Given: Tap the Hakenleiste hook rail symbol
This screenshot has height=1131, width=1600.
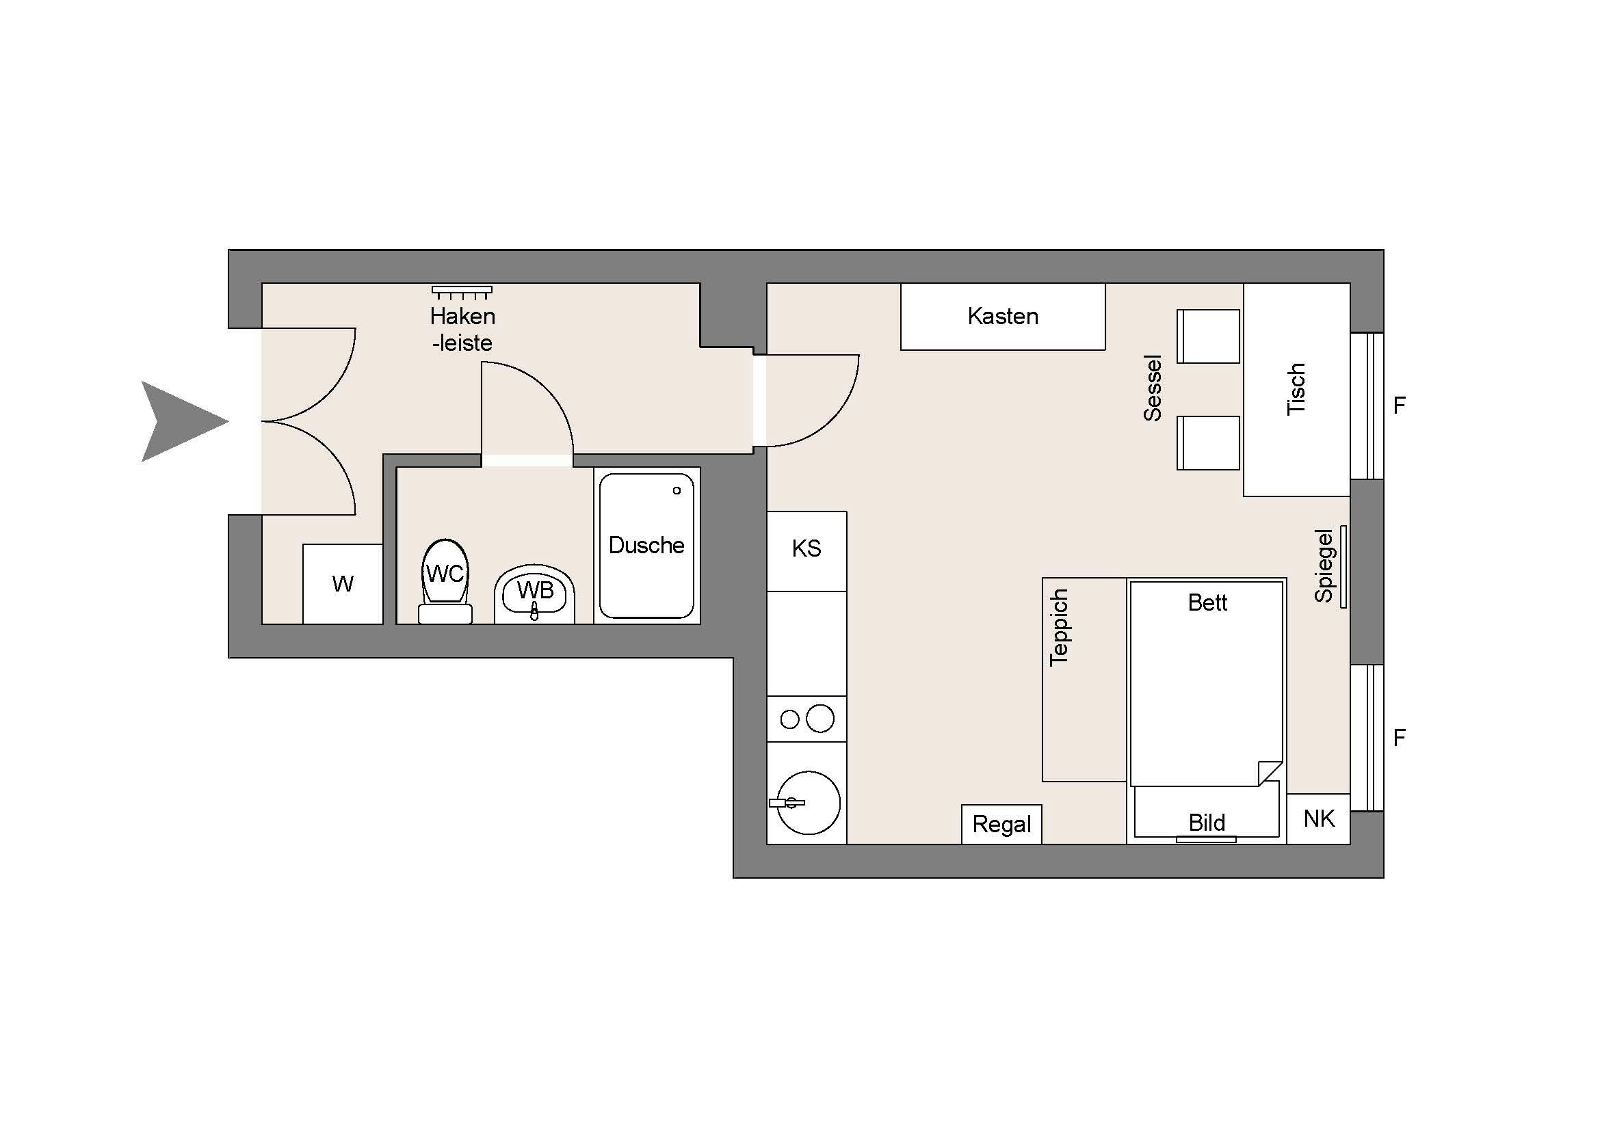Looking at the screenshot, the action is [461, 292].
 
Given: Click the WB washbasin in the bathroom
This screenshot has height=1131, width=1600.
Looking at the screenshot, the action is [534, 594].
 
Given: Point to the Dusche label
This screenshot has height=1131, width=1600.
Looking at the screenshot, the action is [646, 544].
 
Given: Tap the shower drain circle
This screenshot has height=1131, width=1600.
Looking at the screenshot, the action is [677, 491].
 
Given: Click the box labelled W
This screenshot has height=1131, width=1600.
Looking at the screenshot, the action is [343, 583].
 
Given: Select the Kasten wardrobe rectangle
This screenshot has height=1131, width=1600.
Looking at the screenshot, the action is [1003, 316].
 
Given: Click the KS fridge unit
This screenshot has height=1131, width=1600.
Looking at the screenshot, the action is [806, 551].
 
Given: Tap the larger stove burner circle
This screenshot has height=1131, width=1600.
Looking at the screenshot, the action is [819, 719].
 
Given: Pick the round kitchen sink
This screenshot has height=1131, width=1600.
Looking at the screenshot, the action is [809, 803].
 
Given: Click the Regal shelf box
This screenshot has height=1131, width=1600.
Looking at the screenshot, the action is [1001, 825].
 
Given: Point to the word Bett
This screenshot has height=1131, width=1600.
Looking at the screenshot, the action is [1207, 602].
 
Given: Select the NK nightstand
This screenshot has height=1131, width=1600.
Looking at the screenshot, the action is [1318, 819].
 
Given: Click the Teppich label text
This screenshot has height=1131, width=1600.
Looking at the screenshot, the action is [1059, 628].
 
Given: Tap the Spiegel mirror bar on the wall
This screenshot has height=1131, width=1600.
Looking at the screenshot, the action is [1343, 567].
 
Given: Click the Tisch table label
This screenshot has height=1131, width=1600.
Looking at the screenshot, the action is [1296, 389].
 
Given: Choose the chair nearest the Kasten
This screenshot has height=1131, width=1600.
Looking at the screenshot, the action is [1208, 336].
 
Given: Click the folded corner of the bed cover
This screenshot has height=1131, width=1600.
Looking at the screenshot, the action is [1270, 773].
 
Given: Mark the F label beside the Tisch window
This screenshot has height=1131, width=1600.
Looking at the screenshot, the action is [1400, 405].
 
